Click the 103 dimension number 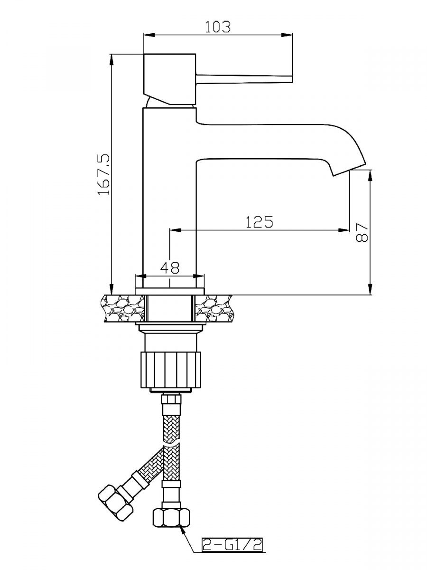[218, 27]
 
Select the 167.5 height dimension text [104, 174]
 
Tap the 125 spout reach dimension [259, 221]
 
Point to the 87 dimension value [362, 232]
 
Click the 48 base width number [170, 267]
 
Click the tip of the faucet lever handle [292, 79]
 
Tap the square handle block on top [169, 79]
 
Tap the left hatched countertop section [124, 308]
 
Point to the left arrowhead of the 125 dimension [175, 230]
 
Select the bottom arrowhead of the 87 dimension [370, 289]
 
